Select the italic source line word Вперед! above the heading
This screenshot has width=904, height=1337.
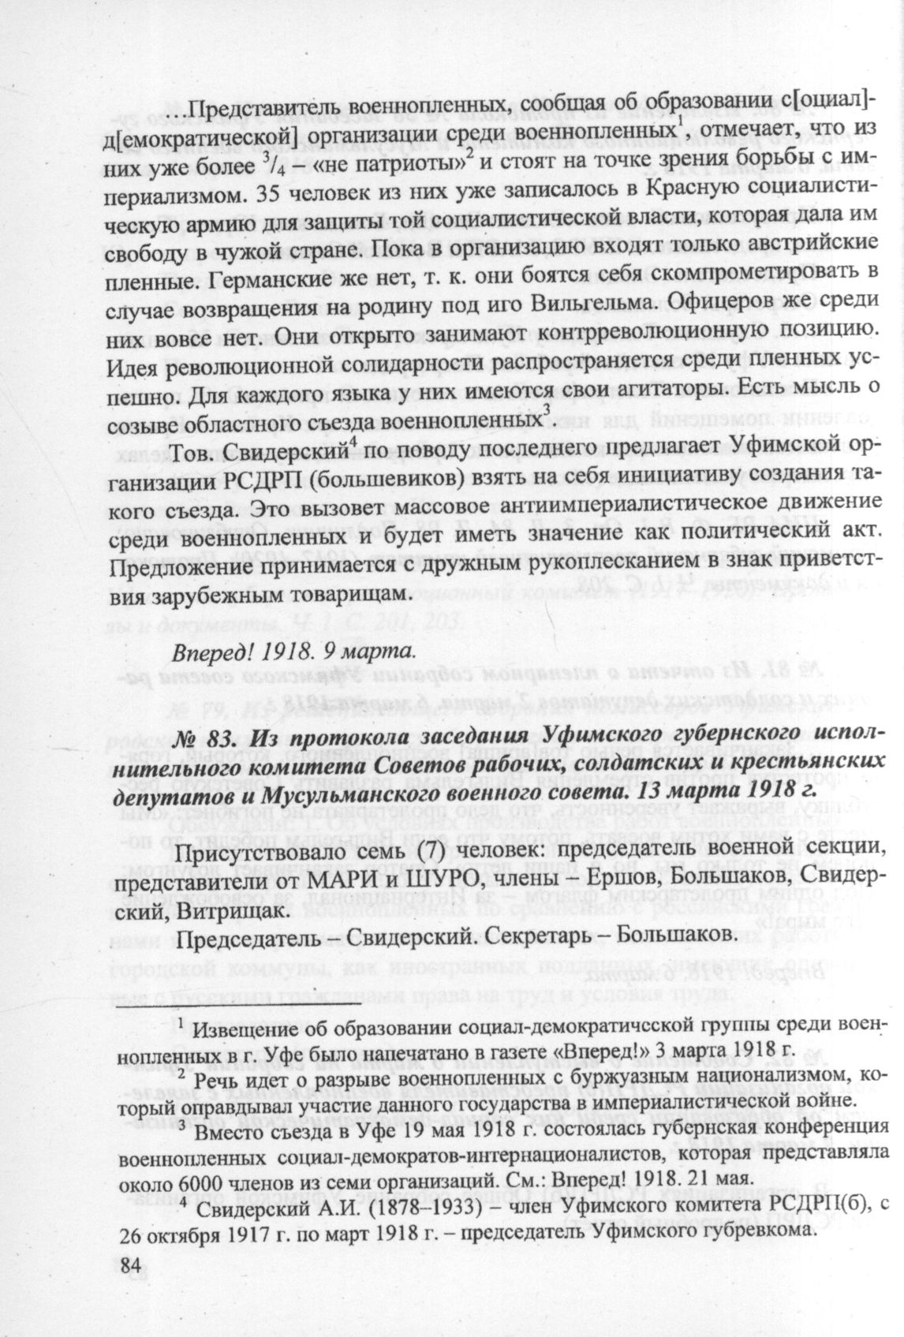(x=214, y=653)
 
